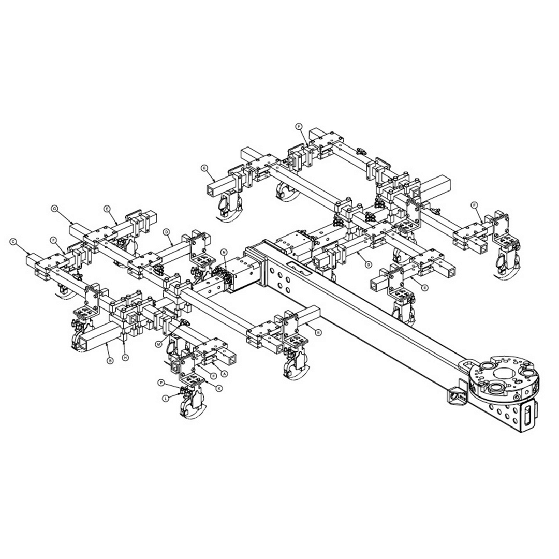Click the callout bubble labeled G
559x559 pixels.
(54, 208)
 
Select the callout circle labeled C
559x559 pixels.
(13, 241)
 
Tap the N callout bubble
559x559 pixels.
(224, 252)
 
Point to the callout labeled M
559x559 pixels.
(158, 344)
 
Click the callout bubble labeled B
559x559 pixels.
(110, 361)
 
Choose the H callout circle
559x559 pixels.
(125, 358)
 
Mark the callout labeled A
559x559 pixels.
(224, 372)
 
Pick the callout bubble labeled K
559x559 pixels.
(219, 388)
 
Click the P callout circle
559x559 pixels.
(161, 383)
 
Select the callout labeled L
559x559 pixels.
(166, 398)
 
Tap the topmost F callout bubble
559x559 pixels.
(298, 126)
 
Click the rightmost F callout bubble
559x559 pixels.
(474, 205)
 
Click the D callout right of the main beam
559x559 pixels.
(368, 264)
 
